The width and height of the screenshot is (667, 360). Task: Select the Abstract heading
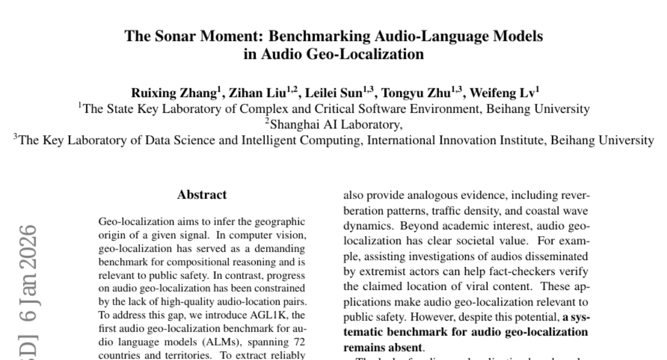(x=202, y=195)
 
